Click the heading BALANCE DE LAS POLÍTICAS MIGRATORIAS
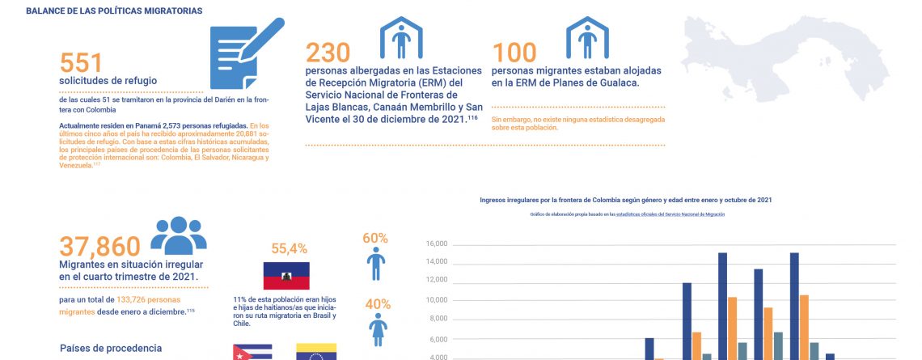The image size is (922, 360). coord(114,11)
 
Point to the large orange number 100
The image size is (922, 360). coord(514,52)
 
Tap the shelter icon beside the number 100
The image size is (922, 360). coord(587,37)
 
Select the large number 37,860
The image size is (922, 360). coord(100,247)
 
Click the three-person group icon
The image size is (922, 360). coord(179,235)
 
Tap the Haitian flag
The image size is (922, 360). coord(286,276)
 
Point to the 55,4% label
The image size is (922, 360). coord(289,248)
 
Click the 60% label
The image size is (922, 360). coord(376,239)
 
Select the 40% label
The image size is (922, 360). coord(376,305)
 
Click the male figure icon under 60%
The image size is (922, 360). coord(376,264)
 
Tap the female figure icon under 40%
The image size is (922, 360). coord(376,331)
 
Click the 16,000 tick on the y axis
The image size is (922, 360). coord(436,244)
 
